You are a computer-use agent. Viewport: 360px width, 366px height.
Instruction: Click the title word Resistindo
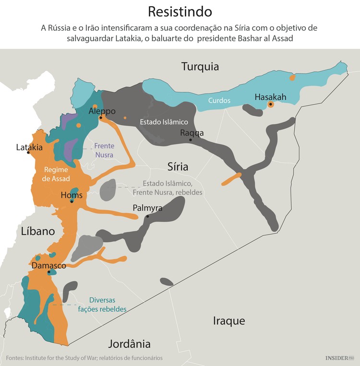tap(180, 12)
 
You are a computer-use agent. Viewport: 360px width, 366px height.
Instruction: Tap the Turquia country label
tap(200, 67)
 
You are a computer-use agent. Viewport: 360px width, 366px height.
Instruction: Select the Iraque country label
tap(229, 321)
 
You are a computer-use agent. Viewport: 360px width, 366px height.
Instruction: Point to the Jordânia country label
tap(129, 344)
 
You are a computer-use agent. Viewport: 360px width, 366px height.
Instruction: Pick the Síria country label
tap(178, 167)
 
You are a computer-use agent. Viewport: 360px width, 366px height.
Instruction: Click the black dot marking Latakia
tap(28, 153)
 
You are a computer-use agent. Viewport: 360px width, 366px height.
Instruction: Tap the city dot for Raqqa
tap(191, 140)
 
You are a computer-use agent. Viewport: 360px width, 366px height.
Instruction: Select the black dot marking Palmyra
tap(147, 216)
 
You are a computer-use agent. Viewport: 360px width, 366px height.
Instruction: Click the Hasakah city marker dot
tap(271, 104)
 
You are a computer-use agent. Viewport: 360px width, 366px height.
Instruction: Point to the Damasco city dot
tap(49, 272)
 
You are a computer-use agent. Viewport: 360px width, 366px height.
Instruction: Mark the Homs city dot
tap(71, 201)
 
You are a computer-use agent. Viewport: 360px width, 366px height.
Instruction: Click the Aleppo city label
tap(102, 111)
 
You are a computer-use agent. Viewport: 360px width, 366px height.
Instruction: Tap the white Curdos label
tap(219, 101)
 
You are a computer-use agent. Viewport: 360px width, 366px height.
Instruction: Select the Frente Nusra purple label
tap(104, 150)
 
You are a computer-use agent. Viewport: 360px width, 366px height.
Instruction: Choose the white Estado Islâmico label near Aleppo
tap(161, 122)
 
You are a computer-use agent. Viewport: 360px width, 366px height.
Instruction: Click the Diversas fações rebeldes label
tap(102, 305)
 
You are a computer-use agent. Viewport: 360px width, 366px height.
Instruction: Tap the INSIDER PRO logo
tap(339, 358)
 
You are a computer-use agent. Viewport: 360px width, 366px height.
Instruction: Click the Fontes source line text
tap(84, 358)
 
